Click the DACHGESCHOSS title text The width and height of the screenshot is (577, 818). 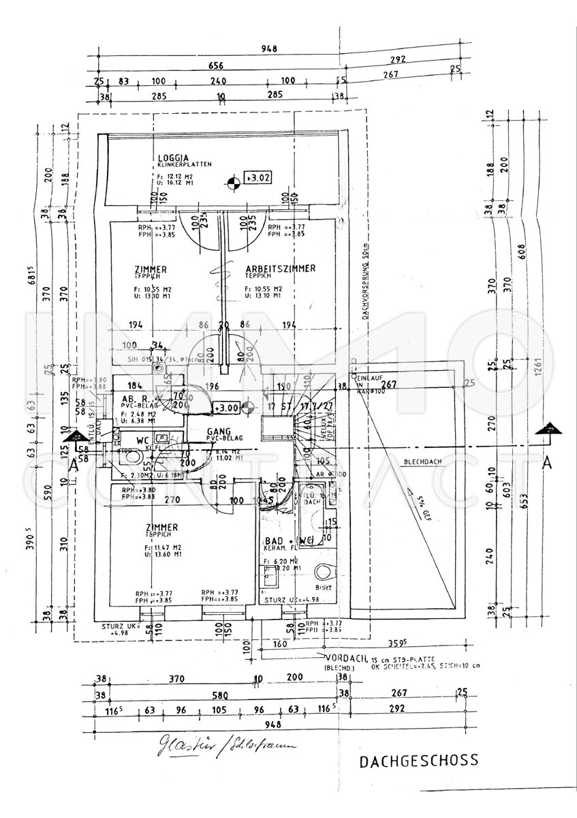click(418, 760)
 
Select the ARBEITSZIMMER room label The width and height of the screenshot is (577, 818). click(280, 269)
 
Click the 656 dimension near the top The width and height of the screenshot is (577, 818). click(217, 66)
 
